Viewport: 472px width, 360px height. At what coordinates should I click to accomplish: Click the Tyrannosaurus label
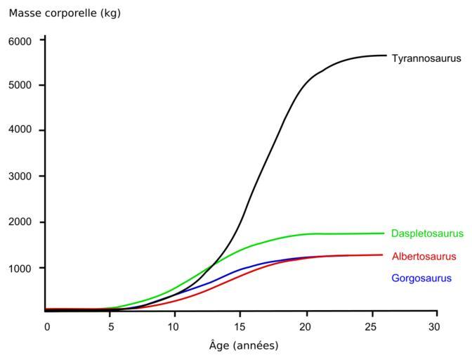click(426, 59)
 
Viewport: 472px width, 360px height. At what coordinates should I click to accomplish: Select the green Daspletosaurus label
click(427, 233)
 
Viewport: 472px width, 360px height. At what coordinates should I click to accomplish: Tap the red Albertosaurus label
click(424, 257)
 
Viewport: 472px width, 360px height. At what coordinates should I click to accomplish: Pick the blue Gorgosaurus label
click(421, 278)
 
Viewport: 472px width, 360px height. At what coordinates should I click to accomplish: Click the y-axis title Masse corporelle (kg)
click(65, 13)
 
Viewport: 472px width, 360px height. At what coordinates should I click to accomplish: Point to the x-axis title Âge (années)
click(244, 345)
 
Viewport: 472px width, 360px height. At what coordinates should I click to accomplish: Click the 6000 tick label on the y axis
click(20, 41)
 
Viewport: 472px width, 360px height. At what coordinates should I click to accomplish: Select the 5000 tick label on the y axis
click(20, 86)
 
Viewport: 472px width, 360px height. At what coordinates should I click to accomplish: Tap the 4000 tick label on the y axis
click(20, 131)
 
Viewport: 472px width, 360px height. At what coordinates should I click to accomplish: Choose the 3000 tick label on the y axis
click(20, 176)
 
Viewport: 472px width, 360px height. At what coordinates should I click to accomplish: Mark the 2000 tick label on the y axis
click(20, 222)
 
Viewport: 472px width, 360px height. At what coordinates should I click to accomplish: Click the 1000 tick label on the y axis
click(20, 268)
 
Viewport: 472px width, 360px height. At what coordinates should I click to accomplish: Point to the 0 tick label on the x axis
click(47, 326)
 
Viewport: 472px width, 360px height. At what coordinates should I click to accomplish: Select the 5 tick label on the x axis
click(110, 326)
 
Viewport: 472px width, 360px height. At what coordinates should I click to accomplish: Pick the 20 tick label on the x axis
click(306, 326)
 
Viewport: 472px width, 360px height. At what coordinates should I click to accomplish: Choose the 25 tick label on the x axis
click(371, 326)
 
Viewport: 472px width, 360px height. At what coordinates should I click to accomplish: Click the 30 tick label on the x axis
click(435, 326)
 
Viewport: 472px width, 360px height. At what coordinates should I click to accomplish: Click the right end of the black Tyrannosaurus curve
click(386, 56)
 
